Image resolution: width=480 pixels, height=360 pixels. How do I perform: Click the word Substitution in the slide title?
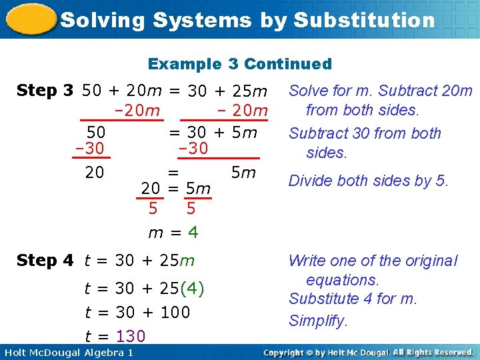pos(364,20)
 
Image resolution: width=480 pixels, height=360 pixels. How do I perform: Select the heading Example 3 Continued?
pos(239,64)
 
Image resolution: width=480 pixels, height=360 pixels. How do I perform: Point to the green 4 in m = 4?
pos(193,233)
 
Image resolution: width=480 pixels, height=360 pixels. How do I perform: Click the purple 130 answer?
pos(131,336)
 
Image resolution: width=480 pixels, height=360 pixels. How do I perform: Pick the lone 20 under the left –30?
pos(95,173)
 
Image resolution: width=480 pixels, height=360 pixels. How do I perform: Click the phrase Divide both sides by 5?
pos(369,181)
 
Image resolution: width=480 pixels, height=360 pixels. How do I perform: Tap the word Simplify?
pos(318,321)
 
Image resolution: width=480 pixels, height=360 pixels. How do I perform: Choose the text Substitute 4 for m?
pos(353,299)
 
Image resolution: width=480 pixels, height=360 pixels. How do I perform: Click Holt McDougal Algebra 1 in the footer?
pos(67,352)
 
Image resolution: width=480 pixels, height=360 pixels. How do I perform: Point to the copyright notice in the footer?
pos(368,352)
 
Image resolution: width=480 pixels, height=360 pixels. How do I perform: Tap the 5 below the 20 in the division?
pos(153,209)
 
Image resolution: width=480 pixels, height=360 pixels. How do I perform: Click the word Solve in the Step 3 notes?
pos(307,91)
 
